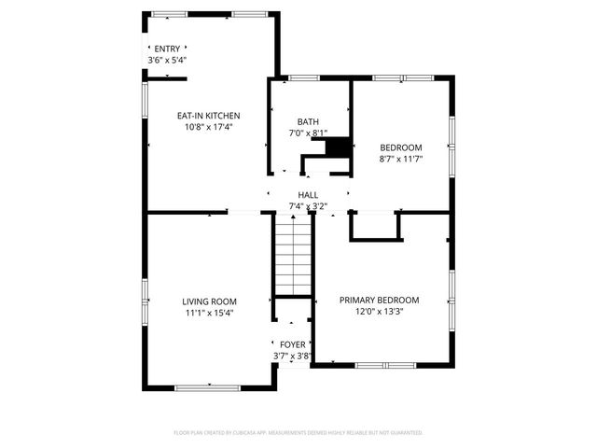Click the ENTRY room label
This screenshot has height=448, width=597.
pyautogui.click(x=168, y=49)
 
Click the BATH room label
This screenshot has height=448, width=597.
pyautogui.click(x=307, y=122)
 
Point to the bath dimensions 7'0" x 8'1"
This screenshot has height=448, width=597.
pyautogui.click(x=307, y=133)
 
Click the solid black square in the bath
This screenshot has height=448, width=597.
pyautogui.click(x=340, y=148)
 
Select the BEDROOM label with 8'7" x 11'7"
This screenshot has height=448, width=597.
pyautogui.click(x=400, y=147)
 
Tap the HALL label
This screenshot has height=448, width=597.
pyautogui.click(x=308, y=194)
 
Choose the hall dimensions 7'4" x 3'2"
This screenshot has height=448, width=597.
pyautogui.click(x=308, y=205)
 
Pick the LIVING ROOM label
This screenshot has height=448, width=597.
pyautogui.click(x=208, y=301)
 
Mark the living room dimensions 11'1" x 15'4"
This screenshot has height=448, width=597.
pyautogui.click(x=208, y=313)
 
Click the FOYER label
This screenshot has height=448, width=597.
pyautogui.click(x=292, y=344)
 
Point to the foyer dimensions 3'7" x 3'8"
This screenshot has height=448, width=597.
pyautogui.click(x=292, y=356)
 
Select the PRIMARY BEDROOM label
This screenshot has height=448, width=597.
pyautogui.click(x=379, y=300)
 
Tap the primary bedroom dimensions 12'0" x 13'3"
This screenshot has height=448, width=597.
pyautogui.click(x=379, y=312)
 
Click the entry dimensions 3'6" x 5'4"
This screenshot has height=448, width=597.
pyautogui.click(x=168, y=60)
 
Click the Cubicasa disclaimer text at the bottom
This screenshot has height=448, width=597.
pyautogui.click(x=298, y=433)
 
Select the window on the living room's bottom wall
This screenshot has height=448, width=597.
pyautogui.click(x=207, y=387)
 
